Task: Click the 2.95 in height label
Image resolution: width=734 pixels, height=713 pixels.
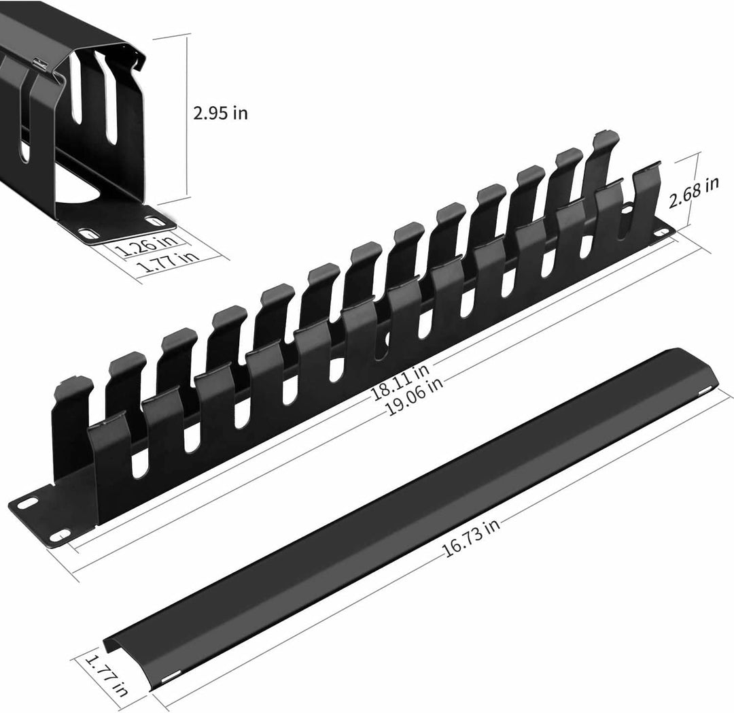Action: click(x=220, y=113)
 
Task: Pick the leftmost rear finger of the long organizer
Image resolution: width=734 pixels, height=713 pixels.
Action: click(x=71, y=408)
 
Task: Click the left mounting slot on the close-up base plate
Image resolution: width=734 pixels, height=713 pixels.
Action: click(x=86, y=233)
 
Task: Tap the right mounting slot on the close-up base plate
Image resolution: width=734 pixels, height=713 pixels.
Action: click(x=155, y=221)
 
